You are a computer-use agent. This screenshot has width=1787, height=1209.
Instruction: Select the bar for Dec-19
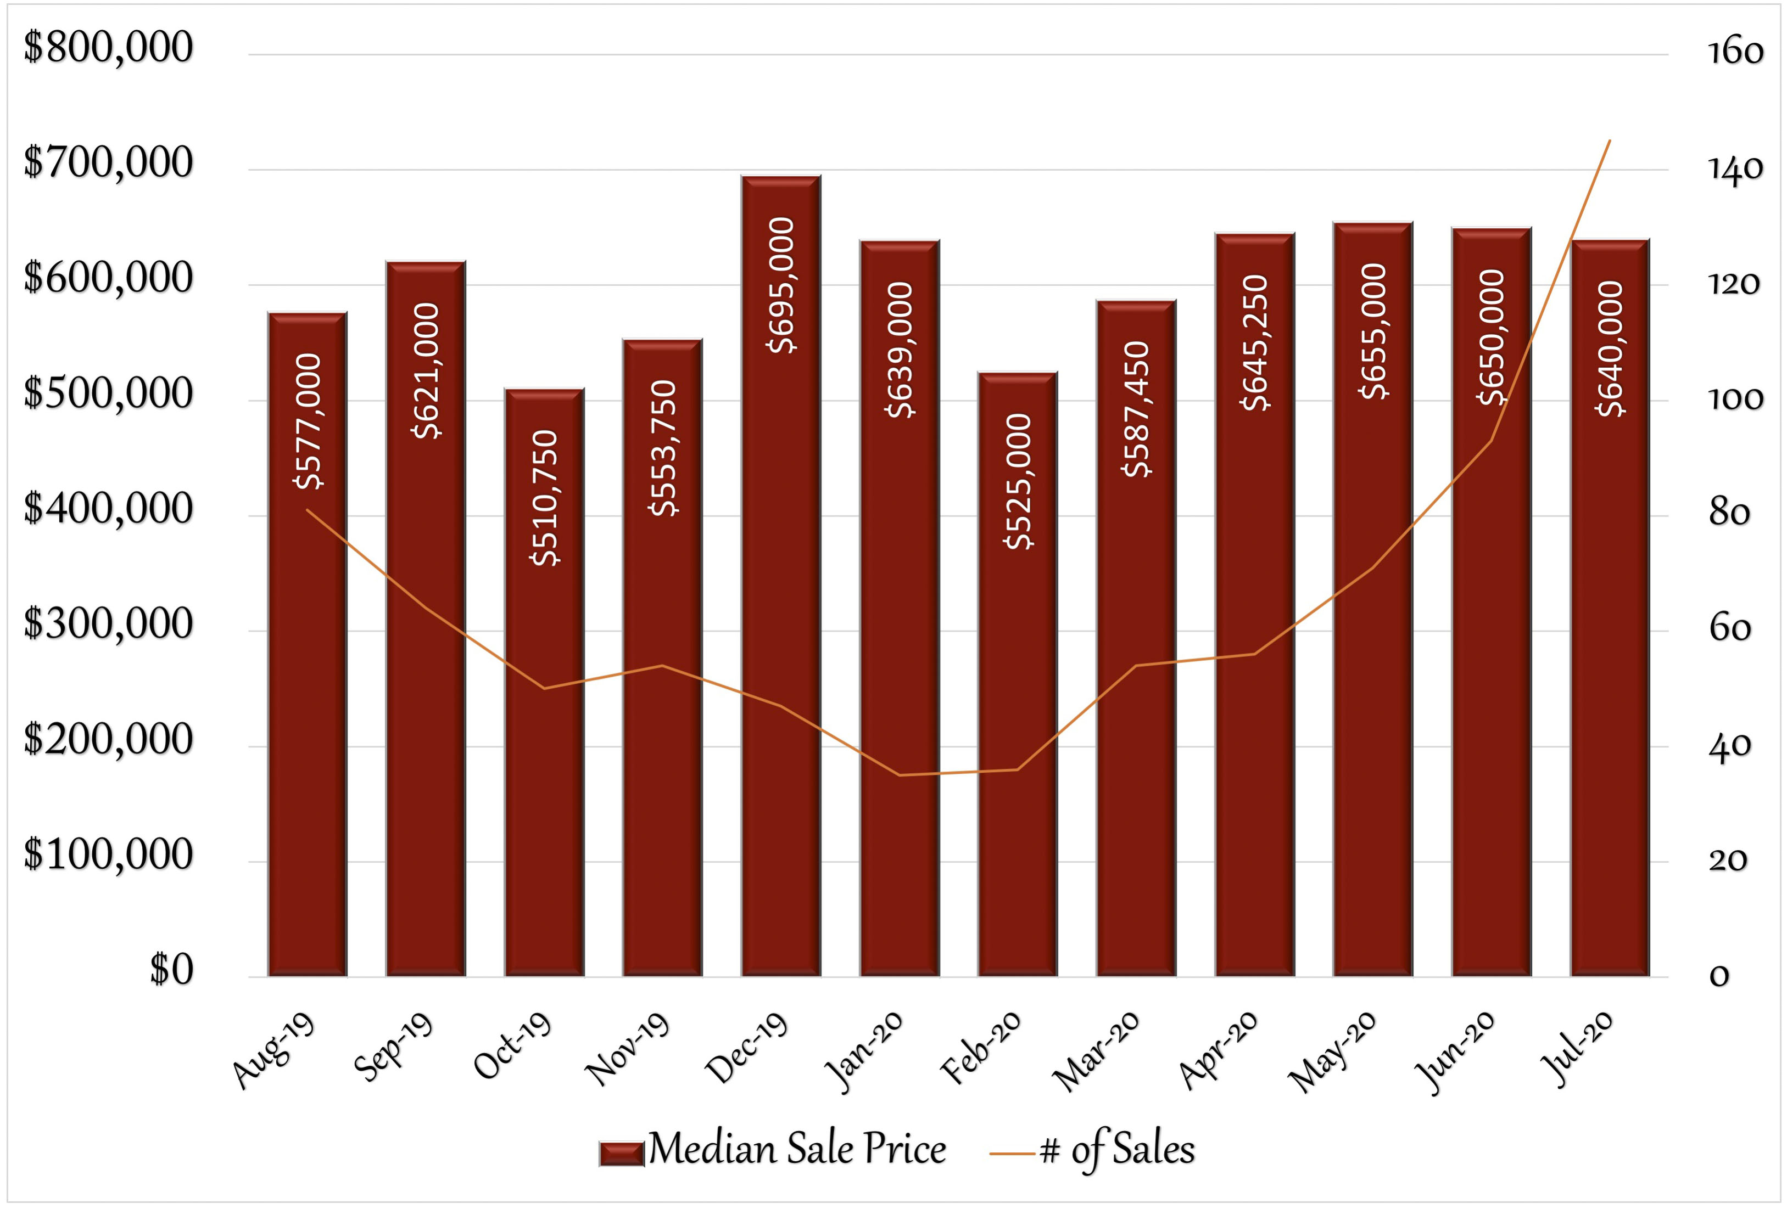coord(780,576)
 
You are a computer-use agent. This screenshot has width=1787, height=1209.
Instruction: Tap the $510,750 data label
coord(545,498)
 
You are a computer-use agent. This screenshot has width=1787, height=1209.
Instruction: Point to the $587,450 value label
coord(1136,409)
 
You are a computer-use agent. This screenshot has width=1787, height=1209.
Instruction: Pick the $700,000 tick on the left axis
coord(108,163)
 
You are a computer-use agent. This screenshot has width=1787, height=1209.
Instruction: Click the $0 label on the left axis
coord(171,969)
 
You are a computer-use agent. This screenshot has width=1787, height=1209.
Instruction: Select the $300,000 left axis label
coord(108,624)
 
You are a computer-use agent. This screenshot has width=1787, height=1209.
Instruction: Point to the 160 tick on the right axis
coord(1735,52)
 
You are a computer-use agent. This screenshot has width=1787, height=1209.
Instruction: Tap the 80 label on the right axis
coord(1729,513)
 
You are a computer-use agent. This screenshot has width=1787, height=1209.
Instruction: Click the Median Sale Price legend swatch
coord(621,1154)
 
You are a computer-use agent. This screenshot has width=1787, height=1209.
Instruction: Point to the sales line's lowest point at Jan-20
coord(899,775)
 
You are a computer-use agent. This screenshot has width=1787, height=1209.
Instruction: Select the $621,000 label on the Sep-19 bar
coord(427,370)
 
